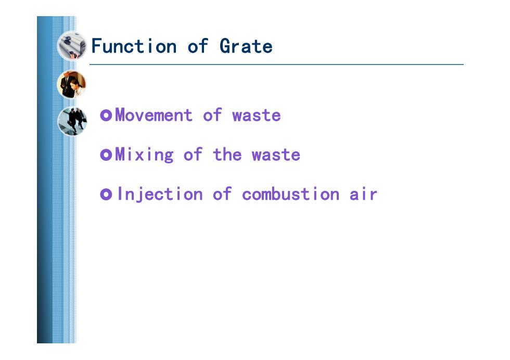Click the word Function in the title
click(134, 46)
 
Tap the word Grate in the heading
click(246, 46)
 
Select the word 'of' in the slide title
click(197, 46)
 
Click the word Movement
click(154, 115)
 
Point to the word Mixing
click(145, 155)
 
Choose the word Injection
click(160, 195)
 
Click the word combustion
click(291, 194)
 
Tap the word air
click(363, 194)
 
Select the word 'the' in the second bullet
click(227, 155)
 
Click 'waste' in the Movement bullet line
click(256, 115)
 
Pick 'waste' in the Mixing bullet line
click(276, 155)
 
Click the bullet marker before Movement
click(106, 115)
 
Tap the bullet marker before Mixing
click(106, 155)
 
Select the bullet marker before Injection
click(106, 195)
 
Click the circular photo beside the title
click(72, 46)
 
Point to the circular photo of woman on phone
click(72, 85)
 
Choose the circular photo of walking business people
click(72, 121)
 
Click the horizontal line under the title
click(276, 65)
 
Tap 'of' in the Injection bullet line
click(222, 194)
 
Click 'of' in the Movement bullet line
click(212, 115)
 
